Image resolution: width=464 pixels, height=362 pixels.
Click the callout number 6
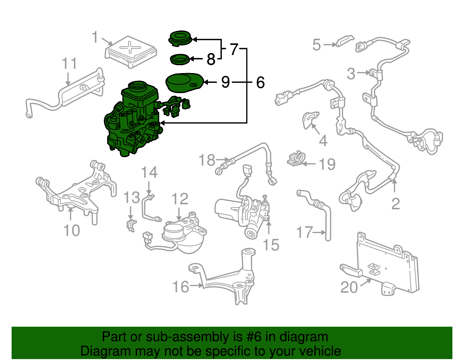(260, 83)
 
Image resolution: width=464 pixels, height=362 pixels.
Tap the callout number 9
(225, 82)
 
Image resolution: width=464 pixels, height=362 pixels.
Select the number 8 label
(211, 59)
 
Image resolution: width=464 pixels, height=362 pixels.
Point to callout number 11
(70, 64)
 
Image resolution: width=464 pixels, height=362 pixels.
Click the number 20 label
(349, 287)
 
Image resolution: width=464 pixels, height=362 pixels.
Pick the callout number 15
(271, 245)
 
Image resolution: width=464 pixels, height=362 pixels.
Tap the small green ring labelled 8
(179, 60)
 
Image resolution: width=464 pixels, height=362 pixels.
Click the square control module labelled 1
(130, 51)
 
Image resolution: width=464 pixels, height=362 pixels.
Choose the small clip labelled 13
(131, 225)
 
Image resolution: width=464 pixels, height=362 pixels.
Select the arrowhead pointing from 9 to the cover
(206, 82)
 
